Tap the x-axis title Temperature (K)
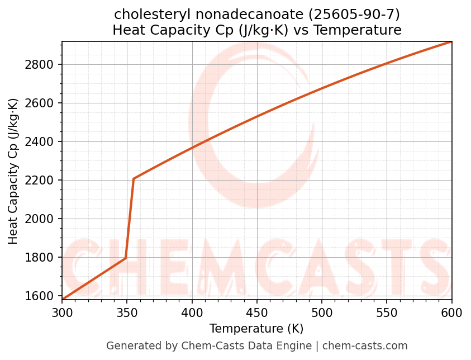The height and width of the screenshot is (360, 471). point(256,329)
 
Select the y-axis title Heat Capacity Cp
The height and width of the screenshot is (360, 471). point(13,171)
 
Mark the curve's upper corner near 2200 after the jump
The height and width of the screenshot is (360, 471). point(134,179)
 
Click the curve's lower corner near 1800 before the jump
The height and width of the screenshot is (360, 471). point(126,258)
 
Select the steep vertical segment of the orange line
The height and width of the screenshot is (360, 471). point(130,218)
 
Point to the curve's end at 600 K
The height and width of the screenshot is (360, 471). point(451,42)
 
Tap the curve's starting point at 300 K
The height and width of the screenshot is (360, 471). point(63,300)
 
